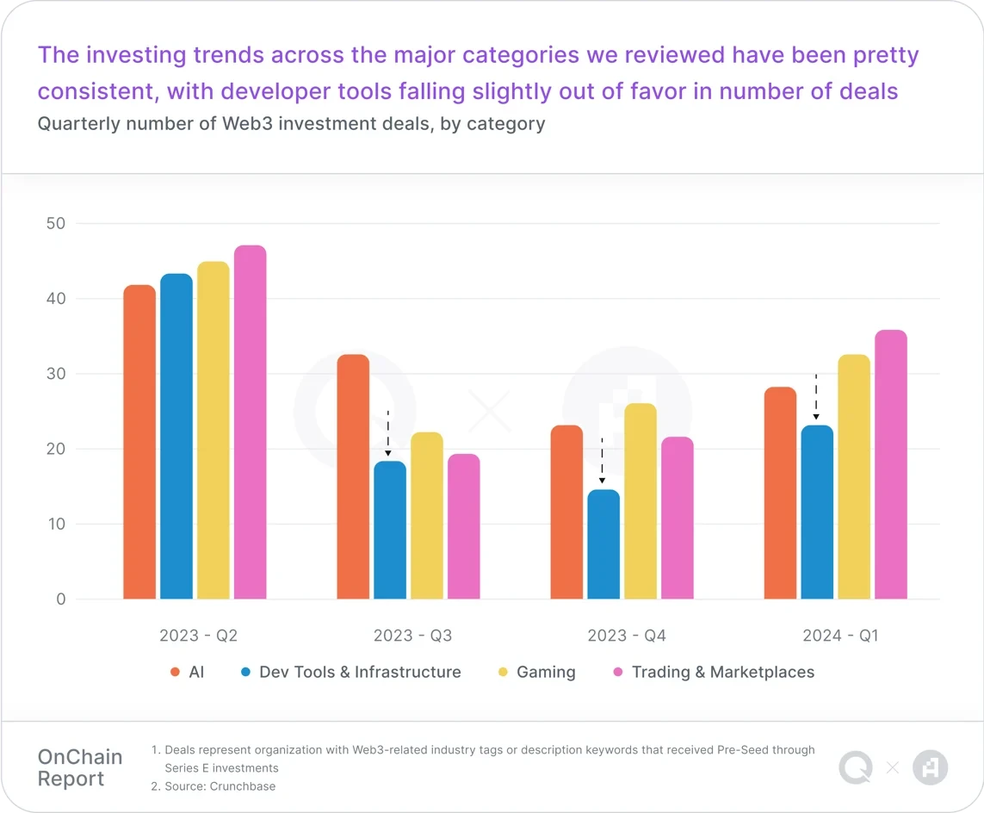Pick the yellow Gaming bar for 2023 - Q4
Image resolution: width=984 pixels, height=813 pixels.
(641, 501)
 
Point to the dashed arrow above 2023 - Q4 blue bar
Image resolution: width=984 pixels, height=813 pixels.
(602, 461)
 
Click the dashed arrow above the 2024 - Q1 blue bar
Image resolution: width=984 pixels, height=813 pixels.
(816, 397)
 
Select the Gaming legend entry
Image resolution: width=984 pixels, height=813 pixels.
(545, 673)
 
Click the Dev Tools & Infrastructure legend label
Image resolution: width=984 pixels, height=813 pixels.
(360, 673)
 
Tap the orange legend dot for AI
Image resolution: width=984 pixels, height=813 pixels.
(175, 673)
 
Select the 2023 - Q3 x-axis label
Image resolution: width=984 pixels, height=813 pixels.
(412, 636)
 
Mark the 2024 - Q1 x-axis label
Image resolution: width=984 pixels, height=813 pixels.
(840, 636)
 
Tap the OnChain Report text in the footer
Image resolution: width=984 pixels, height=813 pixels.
(80, 768)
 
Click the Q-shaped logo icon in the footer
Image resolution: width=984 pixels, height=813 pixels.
(856, 767)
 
